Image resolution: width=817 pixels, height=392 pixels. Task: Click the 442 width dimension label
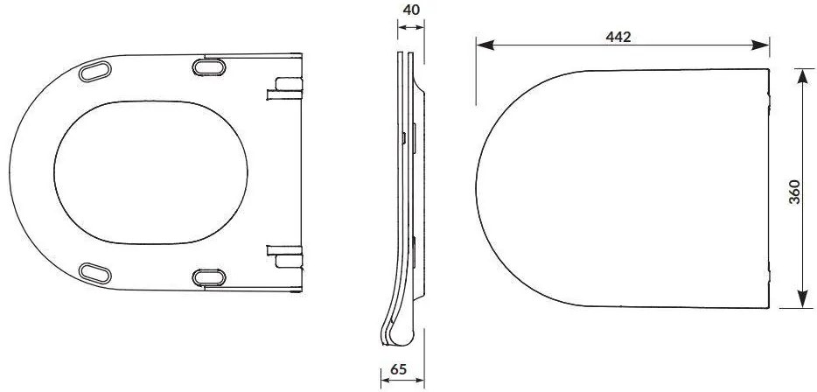point(618,36)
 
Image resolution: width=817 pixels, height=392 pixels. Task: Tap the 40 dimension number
point(409,10)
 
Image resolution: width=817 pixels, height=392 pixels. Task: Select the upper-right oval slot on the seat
point(208,66)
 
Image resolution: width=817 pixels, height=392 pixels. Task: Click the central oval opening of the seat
point(150,171)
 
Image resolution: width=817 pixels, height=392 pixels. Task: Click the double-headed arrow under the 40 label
point(409,28)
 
